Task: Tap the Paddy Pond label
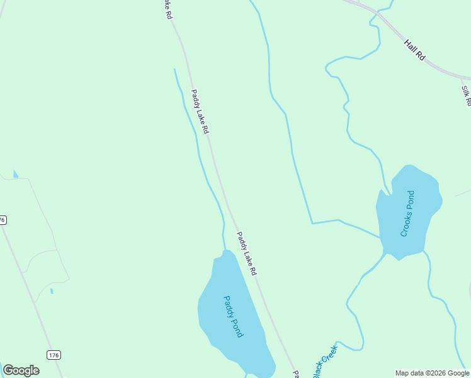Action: point(233,317)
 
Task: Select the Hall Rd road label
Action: point(416,50)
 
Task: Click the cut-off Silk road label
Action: point(466,95)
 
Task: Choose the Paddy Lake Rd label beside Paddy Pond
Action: point(247,253)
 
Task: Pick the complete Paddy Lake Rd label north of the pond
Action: point(200,111)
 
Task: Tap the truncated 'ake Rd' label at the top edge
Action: point(167,9)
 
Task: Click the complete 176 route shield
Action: point(54,355)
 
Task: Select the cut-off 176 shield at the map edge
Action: point(3,220)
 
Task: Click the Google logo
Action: point(21,370)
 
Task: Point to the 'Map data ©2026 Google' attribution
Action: point(433,373)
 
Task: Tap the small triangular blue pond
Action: point(15,174)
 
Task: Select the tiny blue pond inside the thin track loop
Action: point(51,290)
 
